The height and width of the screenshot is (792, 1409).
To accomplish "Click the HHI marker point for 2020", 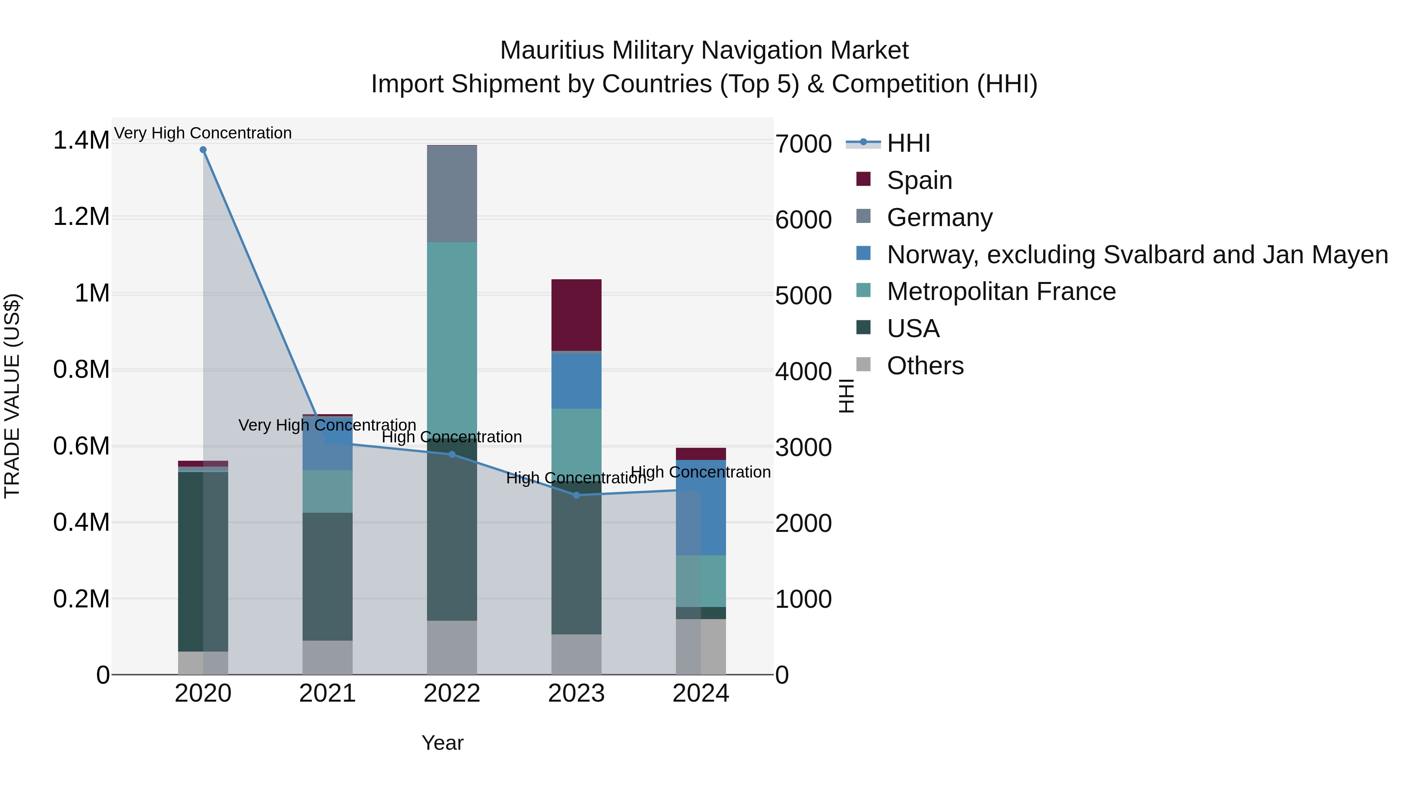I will pyautogui.click(x=203, y=150).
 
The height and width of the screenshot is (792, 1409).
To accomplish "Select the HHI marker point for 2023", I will pyautogui.click(x=576, y=495).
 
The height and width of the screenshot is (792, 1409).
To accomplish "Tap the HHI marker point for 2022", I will pyautogui.click(x=452, y=454).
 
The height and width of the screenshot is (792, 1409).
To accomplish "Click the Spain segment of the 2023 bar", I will pyautogui.click(x=576, y=315).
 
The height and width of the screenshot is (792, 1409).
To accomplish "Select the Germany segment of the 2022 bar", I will pyautogui.click(x=452, y=194).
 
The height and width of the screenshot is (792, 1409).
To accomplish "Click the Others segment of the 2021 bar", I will pyautogui.click(x=327, y=657).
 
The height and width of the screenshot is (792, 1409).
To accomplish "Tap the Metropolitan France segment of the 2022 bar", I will pyautogui.click(x=452, y=339).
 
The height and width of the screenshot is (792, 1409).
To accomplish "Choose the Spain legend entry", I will pyautogui.click(x=919, y=180).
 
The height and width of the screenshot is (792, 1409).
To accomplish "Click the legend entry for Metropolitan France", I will pyautogui.click(x=1001, y=291).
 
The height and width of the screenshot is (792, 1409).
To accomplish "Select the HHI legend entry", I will pyautogui.click(x=908, y=143).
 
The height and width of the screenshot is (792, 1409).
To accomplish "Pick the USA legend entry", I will pyautogui.click(x=912, y=329).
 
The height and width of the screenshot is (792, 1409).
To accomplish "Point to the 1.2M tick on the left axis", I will pyautogui.click(x=81, y=217).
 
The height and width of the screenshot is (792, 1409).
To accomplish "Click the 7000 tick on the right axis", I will pyautogui.click(x=803, y=144).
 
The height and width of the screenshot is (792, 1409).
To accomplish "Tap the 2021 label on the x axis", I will pyautogui.click(x=327, y=693).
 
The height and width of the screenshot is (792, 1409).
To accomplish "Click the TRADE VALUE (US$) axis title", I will pyautogui.click(x=12, y=396).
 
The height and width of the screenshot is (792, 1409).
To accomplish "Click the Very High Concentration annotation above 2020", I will pyautogui.click(x=203, y=133).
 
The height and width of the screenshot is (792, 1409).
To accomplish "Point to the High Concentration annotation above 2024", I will pyautogui.click(x=701, y=472).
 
